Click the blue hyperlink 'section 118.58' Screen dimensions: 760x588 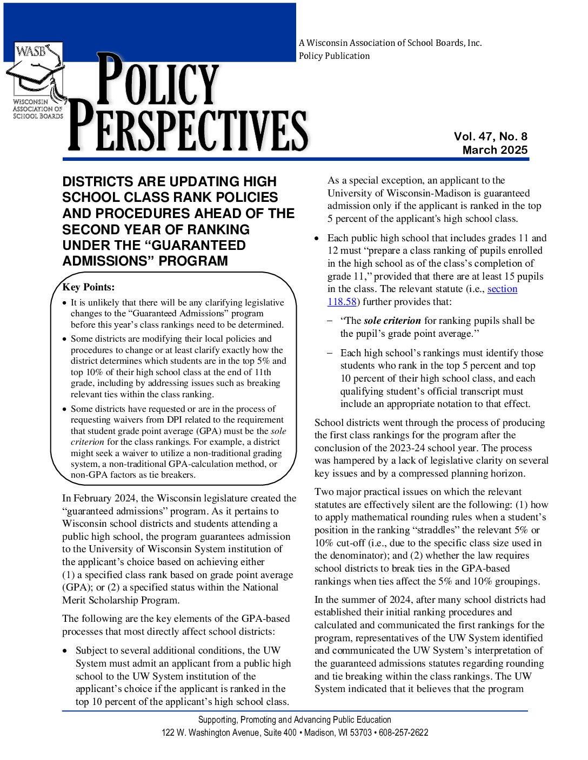(x=502, y=289)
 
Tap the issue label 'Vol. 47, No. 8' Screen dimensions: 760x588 (x=490, y=137)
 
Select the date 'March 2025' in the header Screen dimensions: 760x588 (x=495, y=150)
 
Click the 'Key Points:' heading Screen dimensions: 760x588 (x=89, y=287)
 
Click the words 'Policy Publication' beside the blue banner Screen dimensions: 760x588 (x=334, y=56)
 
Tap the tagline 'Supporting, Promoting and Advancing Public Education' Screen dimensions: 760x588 (x=295, y=720)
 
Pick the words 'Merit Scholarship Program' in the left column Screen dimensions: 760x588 (x=120, y=600)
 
